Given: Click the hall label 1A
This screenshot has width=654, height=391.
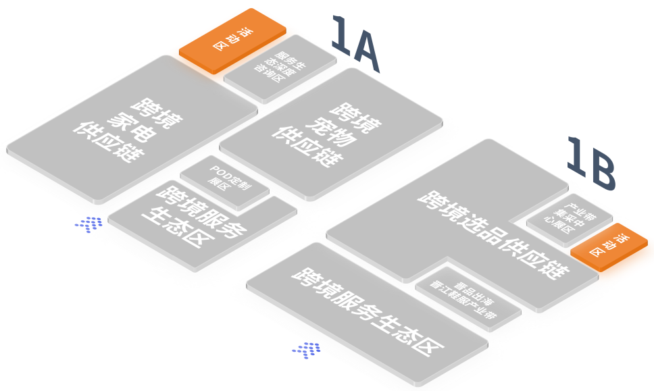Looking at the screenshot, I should point(356,45).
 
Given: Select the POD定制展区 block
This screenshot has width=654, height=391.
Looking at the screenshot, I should point(226,176).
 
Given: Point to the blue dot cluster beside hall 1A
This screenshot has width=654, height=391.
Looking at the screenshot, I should point(90,224).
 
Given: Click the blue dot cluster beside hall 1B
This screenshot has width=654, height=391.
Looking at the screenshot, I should point(307,349).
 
